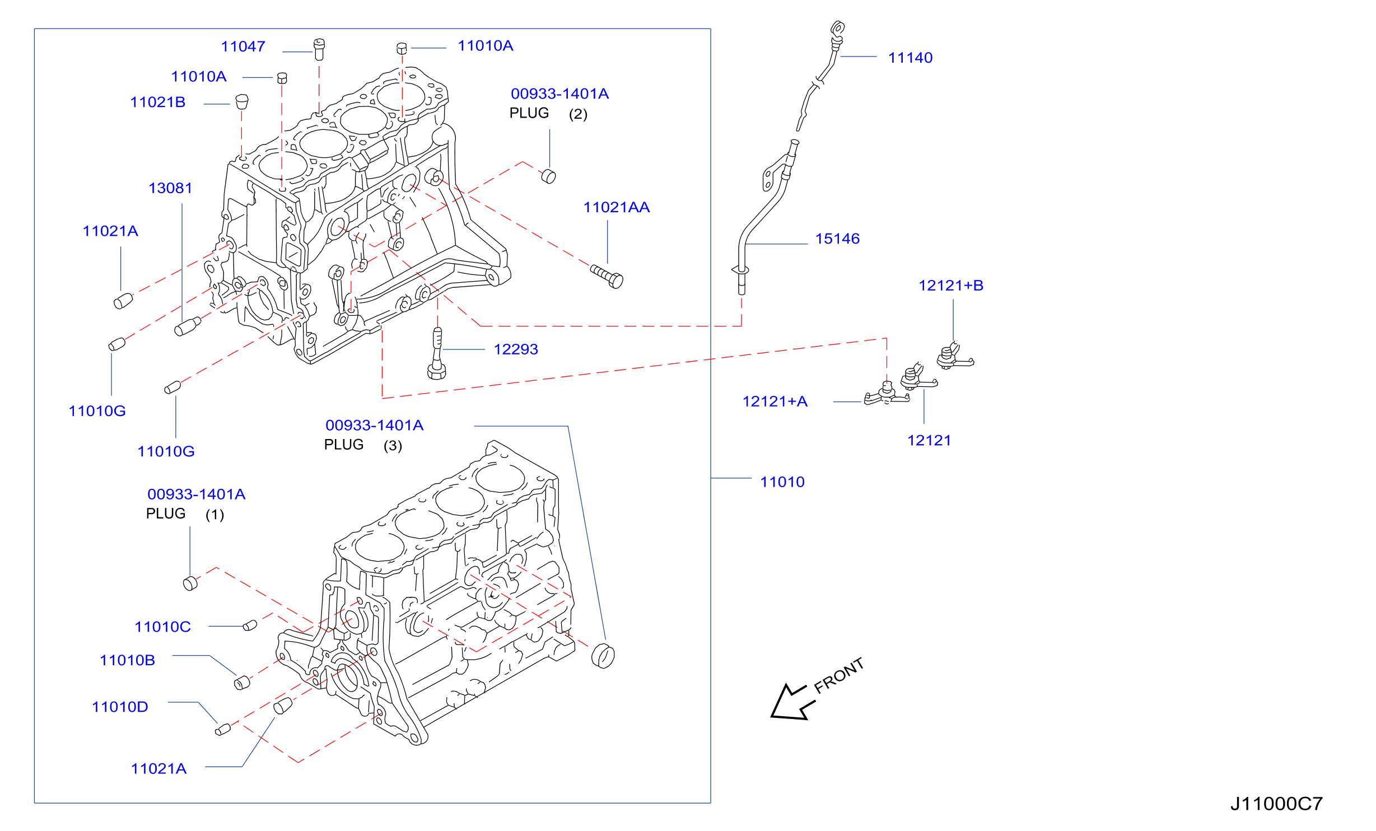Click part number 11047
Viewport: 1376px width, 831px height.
point(243,46)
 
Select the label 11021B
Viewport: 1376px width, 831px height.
point(158,102)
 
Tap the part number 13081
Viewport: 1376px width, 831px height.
point(170,188)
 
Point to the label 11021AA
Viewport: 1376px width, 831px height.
point(617,207)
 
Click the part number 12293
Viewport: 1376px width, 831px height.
point(516,349)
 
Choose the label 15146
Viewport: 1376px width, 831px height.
point(837,239)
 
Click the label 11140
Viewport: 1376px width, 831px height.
point(911,58)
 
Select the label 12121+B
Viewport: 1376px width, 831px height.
point(951,286)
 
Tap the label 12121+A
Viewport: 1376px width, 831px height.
point(775,402)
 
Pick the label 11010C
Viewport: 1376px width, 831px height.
point(163,627)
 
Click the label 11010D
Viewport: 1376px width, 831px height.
point(120,707)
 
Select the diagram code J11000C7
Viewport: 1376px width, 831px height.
point(1277,804)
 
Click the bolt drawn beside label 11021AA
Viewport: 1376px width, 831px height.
point(607,276)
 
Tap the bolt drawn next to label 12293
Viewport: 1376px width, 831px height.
point(437,354)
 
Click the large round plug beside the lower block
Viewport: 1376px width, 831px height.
point(603,656)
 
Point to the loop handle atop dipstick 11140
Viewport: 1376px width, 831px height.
point(837,28)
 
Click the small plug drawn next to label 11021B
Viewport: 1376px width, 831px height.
point(241,101)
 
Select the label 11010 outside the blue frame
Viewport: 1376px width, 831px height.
point(782,482)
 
